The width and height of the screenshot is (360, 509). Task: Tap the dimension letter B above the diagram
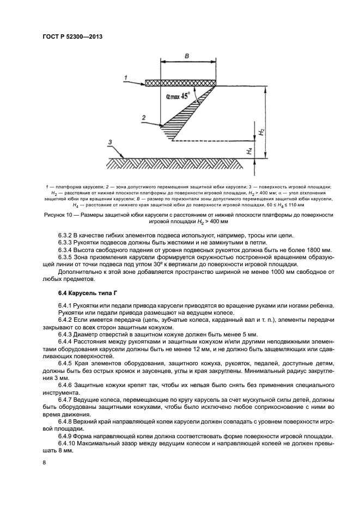tap(187, 56)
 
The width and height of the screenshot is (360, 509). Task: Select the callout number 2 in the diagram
tap(143, 117)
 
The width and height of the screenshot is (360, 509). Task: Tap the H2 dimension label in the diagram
tap(262, 132)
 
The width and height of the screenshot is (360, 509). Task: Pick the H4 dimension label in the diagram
tap(249, 151)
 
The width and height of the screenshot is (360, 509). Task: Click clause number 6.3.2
tap(67, 235)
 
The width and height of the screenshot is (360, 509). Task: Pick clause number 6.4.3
tap(67, 333)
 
